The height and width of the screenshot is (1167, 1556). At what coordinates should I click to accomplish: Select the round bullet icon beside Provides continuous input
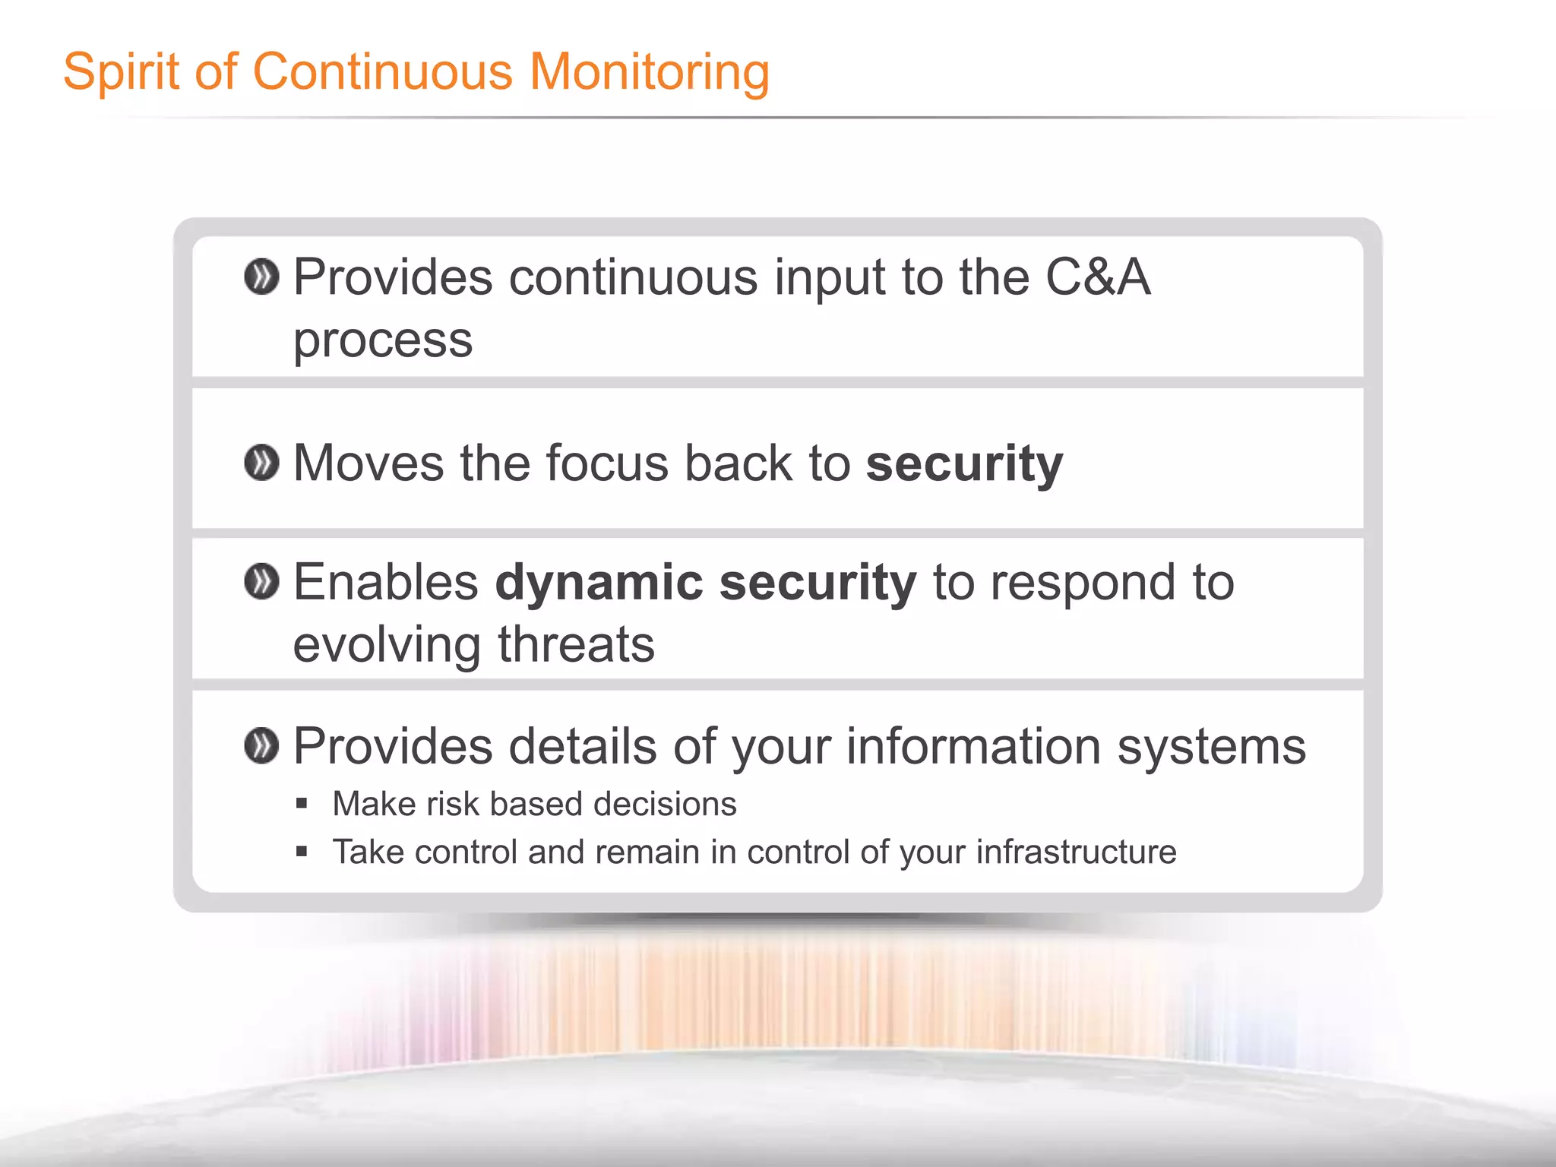point(261,277)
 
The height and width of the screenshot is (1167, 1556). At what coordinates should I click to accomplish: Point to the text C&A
point(1098,277)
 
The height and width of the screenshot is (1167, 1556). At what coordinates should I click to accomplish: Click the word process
point(383,340)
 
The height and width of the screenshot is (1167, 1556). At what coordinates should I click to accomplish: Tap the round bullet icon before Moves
point(261,463)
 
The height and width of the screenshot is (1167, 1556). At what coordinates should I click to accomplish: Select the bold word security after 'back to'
point(964,463)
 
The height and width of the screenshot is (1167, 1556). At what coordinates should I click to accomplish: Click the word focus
point(607,463)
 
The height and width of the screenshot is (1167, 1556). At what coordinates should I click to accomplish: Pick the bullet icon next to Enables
point(261,582)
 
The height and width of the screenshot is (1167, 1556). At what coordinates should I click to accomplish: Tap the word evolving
point(387,644)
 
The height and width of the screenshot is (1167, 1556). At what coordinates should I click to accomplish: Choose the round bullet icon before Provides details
point(261,746)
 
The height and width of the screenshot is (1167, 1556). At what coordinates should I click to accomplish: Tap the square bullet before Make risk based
point(302,803)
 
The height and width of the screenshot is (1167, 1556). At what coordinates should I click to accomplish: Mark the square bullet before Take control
point(302,851)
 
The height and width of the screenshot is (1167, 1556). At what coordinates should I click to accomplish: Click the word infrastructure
point(1076,852)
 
